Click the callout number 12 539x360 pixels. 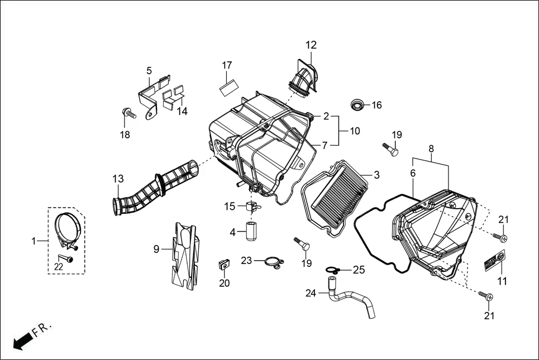coord(311,45)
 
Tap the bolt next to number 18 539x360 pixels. coord(128,113)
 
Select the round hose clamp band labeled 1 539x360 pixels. coord(69,229)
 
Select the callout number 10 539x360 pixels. coord(355,131)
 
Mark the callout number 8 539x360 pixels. coord(431,149)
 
